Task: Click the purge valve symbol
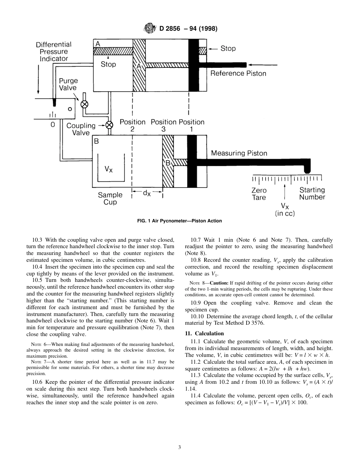click(85, 103)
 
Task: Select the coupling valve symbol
click(110, 125)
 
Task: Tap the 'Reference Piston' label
click(238, 73)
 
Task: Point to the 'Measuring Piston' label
click(239, 153)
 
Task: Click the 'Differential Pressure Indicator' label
click(54, 52)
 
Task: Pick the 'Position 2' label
click(132, 125)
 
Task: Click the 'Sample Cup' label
click(110, 199)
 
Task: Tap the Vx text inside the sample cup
click(109, 169)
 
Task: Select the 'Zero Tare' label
click(259, 194)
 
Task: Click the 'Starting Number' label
click(312, 194)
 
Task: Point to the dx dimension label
click(147, 193)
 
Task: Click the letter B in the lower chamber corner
click(97, 142)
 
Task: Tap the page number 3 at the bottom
click(180, 447)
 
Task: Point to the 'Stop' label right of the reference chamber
click(228, 48)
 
